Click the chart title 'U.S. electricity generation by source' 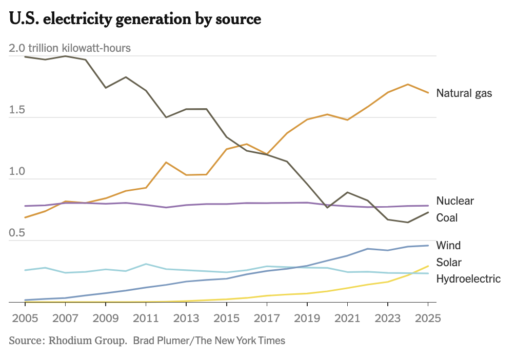135,19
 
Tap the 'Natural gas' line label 464,93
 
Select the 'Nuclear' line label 454,201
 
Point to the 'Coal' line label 446,218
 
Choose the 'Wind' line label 448,245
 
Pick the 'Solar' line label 448,263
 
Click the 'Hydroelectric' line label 468,279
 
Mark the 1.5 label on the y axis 17,110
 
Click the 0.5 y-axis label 17,233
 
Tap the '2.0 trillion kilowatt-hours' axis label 70,48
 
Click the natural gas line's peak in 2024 408,84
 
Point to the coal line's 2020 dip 327,207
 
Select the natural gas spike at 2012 166,163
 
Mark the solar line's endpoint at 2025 428,266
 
